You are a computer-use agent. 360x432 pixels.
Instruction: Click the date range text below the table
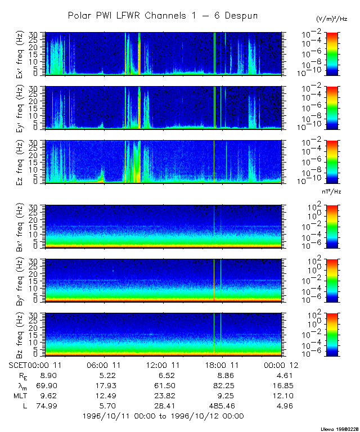[163, 416]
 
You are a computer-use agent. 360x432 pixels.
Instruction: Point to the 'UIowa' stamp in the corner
[340, 429]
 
